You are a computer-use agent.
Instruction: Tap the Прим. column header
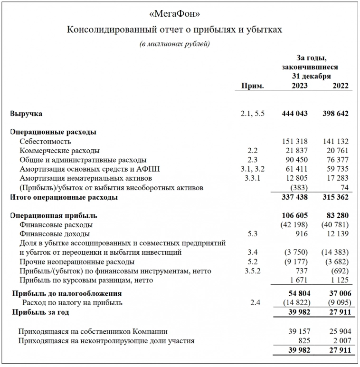pos(253,86)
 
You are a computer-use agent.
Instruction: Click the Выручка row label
pos(26,114)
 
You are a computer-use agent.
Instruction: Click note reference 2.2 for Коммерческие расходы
pos(252,150)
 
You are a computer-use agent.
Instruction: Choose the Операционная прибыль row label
pos(53,215)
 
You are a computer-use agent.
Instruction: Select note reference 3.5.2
pos(252,271)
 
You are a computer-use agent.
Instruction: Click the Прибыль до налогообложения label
pos(67,294)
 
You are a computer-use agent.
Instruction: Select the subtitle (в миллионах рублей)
pos(175,44)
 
